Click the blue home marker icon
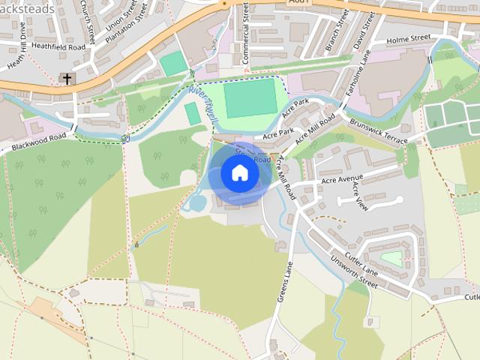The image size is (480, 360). point(240,173)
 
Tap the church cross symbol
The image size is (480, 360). point(66,78)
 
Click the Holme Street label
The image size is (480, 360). point(409,37)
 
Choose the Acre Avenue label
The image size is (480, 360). point(341,181)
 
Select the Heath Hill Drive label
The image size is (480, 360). point(17,44)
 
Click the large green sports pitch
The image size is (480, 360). point(250,98)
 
